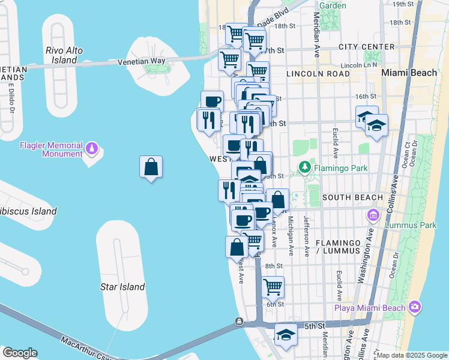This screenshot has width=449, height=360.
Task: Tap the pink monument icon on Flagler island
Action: click(91, 146)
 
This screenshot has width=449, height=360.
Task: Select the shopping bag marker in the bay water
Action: click(151, 167)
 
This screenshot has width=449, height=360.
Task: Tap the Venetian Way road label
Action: click(141, 61)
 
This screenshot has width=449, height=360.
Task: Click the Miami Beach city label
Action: click(409, 73)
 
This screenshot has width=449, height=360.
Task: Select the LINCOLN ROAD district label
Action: click(318, 74)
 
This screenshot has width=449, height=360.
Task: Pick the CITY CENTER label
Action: click(366, 47)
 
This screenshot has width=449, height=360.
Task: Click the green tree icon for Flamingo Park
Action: click(305, 166)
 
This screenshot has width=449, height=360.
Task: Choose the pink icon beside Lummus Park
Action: click(372, 215)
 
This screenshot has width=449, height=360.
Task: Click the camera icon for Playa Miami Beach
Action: click(414, 307)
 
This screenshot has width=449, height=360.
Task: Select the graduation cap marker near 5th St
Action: click(286, 335)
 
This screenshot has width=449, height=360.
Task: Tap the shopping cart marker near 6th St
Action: click(273, 286)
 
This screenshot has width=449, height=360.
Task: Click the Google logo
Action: click(20, 353)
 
